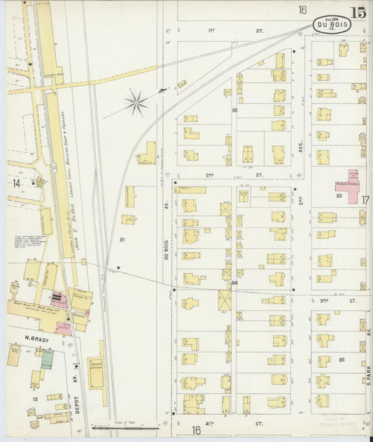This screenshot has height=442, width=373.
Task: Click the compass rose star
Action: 136,104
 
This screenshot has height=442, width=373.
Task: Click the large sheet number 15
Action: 359,12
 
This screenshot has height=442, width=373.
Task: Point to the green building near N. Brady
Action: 47,359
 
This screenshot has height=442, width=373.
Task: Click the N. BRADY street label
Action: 35,339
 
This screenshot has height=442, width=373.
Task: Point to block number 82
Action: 235,110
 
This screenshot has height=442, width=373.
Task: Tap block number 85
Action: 342,359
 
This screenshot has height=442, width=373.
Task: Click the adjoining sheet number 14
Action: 15,183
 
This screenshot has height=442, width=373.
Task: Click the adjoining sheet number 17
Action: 365,200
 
